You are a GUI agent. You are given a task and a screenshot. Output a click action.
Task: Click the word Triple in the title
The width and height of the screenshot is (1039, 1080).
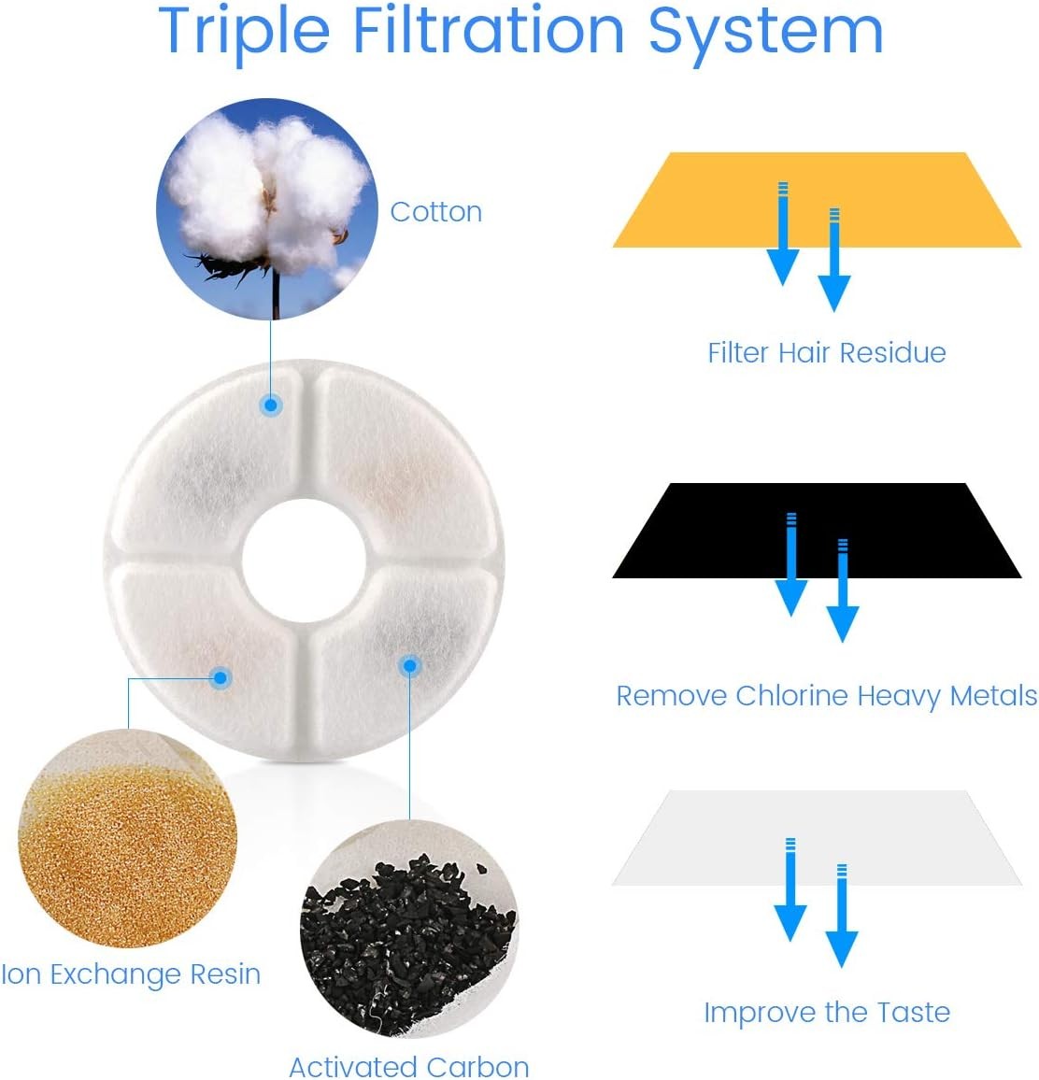245,33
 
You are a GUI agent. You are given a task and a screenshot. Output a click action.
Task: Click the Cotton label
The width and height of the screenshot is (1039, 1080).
436,212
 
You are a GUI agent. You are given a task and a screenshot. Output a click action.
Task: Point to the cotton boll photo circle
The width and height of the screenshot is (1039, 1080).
267,208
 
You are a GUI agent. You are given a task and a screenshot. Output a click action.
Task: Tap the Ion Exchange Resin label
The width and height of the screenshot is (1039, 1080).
131,973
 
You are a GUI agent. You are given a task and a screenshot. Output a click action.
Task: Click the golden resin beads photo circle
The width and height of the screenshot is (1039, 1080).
127,838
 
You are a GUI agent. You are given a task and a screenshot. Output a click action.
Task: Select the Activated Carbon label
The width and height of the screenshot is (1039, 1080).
409,1066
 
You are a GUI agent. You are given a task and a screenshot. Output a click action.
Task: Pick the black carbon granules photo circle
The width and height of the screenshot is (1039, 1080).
409,929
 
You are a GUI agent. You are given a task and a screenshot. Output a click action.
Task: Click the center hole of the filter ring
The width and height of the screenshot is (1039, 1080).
304,561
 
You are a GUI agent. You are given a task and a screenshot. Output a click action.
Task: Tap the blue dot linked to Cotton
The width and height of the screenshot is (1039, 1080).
271,405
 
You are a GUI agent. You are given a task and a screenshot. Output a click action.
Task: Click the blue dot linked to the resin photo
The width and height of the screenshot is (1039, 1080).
221,677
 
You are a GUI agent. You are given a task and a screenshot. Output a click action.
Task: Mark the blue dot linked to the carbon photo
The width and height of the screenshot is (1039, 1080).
410,665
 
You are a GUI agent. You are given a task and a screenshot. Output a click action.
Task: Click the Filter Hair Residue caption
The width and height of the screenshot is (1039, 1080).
827,352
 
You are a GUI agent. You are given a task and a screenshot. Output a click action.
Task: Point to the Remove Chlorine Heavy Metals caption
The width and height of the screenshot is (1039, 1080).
827,696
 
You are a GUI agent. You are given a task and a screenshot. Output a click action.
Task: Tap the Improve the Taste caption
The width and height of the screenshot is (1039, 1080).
827,1013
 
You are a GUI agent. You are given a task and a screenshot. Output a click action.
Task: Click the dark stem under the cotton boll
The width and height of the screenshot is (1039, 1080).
276,292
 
